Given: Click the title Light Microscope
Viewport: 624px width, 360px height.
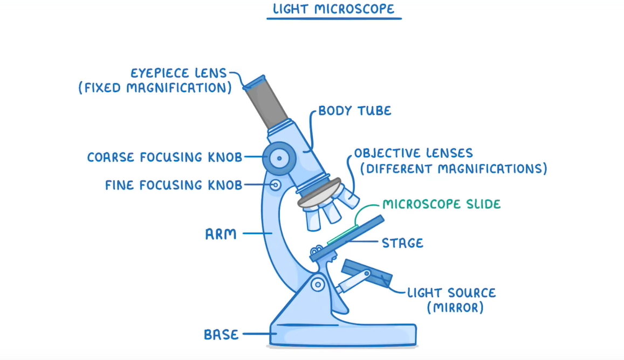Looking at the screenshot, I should pyautogui.click(x=334, y=9).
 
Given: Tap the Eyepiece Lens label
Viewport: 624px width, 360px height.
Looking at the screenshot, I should pyautogui.click(x=179, y=73).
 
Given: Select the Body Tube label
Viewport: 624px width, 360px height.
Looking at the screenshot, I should pyautogui.click(x=354, y=111).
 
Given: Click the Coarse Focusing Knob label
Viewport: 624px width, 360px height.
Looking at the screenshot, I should pyautogui.click(x=164, y=157).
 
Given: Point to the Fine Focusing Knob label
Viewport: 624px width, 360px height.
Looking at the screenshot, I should pyautogui.click(x=174, y=185).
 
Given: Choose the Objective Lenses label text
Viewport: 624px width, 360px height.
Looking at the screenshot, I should pyautogui.click(x=413, y=153).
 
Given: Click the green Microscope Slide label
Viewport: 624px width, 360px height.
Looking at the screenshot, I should pyautogui.click(x=441, y=204).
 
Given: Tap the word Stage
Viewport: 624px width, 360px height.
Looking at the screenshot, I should pyautogui.click(x=402, y=243).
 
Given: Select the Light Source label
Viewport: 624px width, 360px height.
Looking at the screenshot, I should pyautogui.click(x=451, y=293).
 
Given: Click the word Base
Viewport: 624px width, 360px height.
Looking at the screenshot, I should pyautogui.click(x=221, y=335).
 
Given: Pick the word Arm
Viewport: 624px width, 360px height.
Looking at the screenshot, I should pyautogui.click(x=221, y=234).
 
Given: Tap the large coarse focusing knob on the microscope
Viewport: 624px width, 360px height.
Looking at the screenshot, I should pyautogui.click(x=279, y=157).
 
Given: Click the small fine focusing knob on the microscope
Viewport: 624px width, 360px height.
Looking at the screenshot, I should pyautogui.click(x=276, y=185).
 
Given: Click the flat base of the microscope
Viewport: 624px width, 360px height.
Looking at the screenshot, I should pyautogui.click(x=345, y=334).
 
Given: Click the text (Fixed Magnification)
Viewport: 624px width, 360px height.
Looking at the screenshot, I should pyautogui.click(x=155, y=88).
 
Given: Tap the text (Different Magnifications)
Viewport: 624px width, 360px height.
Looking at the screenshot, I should pyautogui.click(x=453, y=169).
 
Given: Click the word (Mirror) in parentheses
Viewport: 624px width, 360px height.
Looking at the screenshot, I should pyautogui.click(x=455, y=308).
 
